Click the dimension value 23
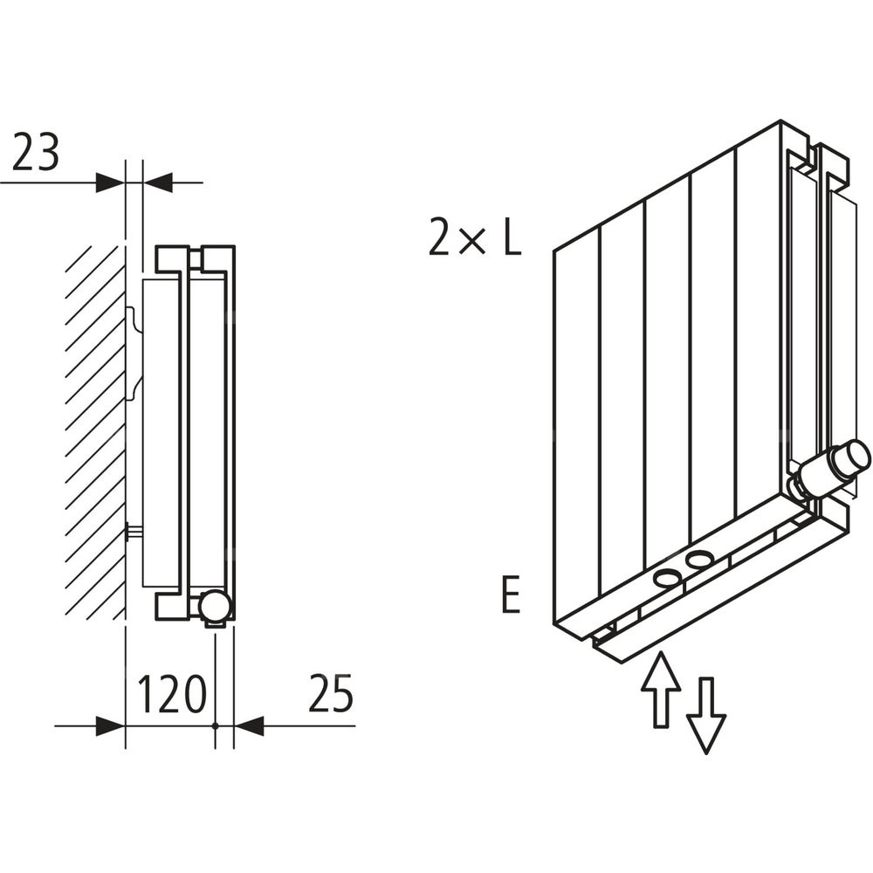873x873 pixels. pyautogui.click(x=35, y=153)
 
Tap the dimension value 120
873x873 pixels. pyautogui.click(x=172, y=694)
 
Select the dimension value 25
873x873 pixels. pyautogui.click(x=330, y=694)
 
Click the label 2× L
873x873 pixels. pyautogui.click(x=474, y=237)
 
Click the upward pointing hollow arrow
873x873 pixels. pyautogui.click(x=661, y=687)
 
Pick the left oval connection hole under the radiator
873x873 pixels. pyautogui.click(x=667, y=576)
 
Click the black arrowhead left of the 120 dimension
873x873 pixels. pyautogui.click(x=110, y=725)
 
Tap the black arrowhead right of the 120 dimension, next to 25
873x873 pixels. pyautogui.click(x=250, y=725)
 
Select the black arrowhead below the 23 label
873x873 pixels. pyautogui.click(x=110, y=182)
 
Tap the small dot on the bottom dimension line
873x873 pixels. pyautogui.click(x=215, y=725)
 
